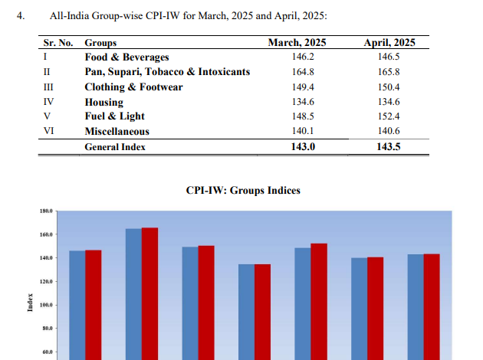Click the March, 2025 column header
point(297,44)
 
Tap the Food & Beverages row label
point(127,57)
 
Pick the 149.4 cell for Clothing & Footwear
point(297,87)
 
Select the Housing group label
point(104,101)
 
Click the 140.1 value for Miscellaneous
point(297,131)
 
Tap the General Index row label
point(115,146)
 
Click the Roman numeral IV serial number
point(48,101)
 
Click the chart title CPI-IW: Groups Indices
point(243,190)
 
